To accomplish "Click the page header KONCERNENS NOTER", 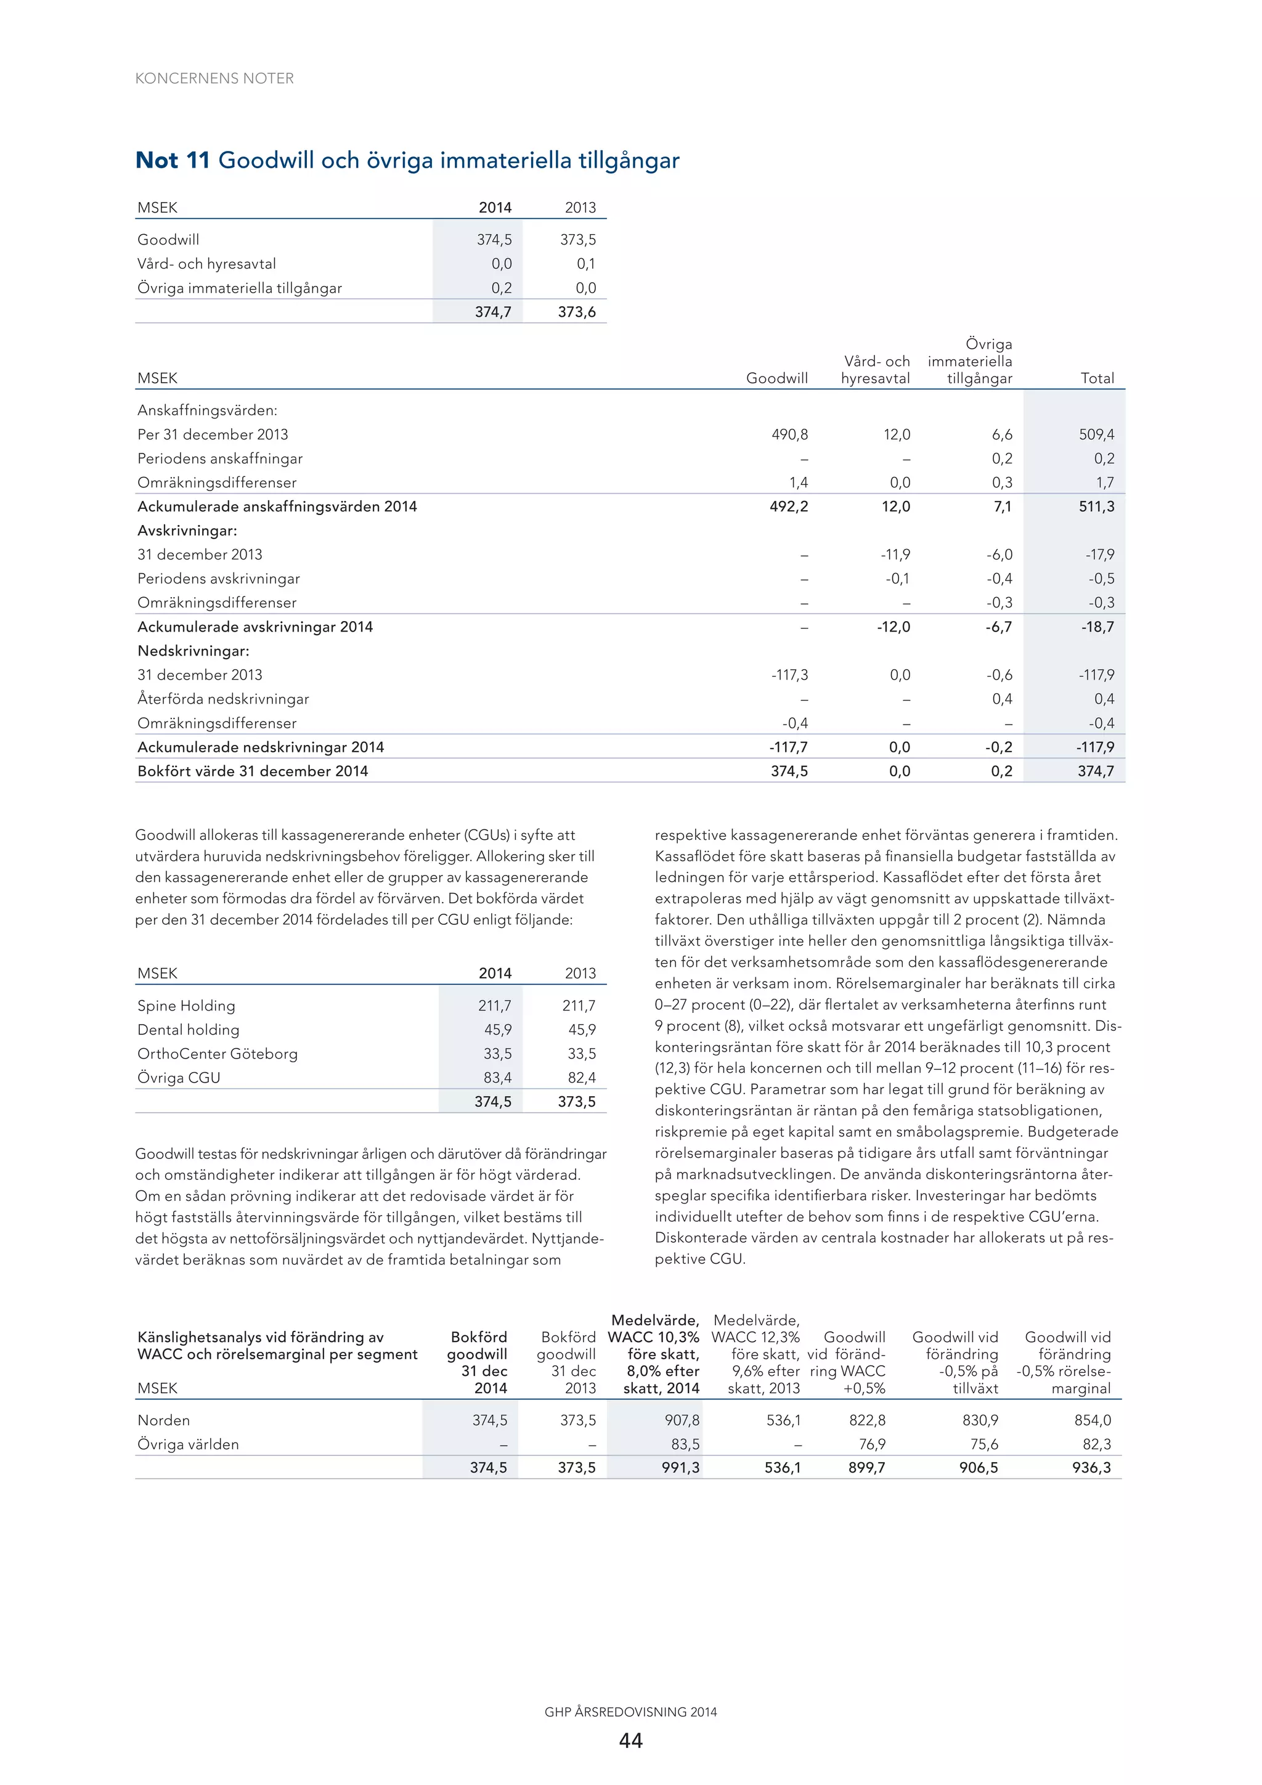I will tap(214, 78).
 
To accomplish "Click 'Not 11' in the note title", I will tap(173, 160).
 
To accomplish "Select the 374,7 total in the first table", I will tap(493, 312).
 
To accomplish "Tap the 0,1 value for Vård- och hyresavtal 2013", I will tap(585, 264).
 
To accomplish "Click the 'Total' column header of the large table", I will tap(1096, 378).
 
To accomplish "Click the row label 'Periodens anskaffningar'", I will tap(220, 458).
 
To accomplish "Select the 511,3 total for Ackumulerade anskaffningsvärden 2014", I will tap(1096, 507).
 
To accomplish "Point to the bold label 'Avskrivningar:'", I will tap(187, 531).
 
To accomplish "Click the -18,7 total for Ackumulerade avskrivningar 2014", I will tap(1097, 627).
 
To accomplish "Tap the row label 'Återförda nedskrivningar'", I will tap(223, 699).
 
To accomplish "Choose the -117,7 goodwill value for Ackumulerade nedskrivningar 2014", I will tap(789, 747).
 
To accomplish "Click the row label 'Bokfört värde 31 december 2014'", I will tap(253, 771).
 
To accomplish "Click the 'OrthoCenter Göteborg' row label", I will tap(218, 1054).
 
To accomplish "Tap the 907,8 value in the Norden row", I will tap(682, 1420).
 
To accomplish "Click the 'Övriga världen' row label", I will tap(188, 1444).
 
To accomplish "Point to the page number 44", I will tap(630, 1740).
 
